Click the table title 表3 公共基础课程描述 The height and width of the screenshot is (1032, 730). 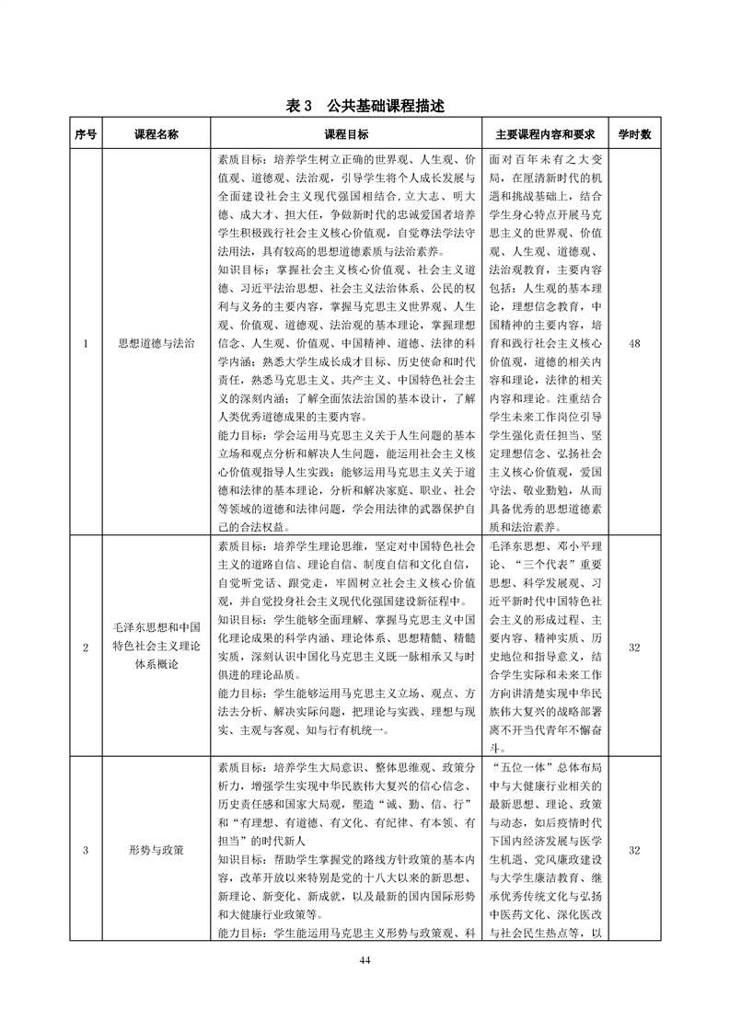[x=365, y=107]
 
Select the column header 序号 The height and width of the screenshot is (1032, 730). [x=86, y=134]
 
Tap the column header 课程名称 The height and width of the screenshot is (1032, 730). [x=156, y=134]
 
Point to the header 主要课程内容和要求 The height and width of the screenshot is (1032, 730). [x=546, y=134]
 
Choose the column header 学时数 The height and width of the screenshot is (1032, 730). [x=633, y=134]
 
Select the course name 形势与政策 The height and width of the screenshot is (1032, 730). [x=156, y=850]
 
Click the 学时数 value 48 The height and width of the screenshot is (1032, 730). [x=633, y=344]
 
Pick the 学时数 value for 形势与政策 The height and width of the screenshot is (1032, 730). [x=633, y=850]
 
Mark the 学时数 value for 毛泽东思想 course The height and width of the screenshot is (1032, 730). [x=633, y=648]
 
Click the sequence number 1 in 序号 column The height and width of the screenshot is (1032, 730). [x=86, y=344]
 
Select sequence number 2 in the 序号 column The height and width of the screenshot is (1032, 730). [x=86, y=648]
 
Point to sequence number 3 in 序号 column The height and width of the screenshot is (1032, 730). [x=86, y=850]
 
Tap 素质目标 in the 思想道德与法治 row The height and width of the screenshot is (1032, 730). [x=245, y=158]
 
